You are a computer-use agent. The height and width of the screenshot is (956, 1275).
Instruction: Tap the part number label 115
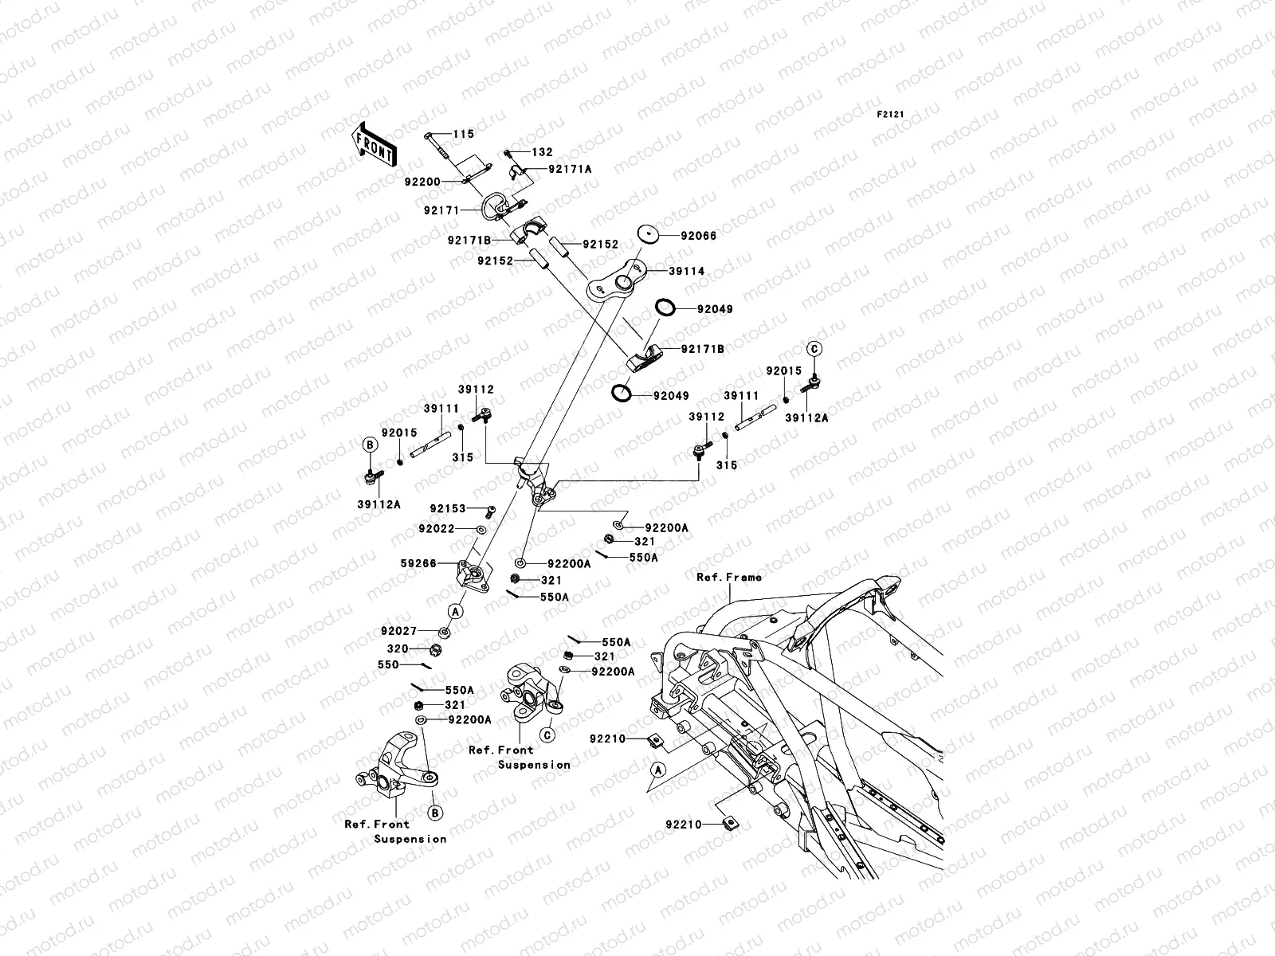464,135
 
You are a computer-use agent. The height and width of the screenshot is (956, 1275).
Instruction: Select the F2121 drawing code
890,115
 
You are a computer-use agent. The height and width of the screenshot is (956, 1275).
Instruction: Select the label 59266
418,563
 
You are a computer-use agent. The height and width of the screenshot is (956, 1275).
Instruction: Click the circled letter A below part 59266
456,611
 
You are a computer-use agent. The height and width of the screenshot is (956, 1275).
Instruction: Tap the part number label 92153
447,508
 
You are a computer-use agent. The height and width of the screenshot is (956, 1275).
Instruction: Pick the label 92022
436,528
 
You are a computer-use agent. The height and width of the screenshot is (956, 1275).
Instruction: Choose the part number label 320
398,648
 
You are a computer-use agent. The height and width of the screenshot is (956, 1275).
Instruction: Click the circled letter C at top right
814,348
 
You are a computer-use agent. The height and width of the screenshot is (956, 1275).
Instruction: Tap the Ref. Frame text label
728,577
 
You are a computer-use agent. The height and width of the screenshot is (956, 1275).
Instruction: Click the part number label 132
564,152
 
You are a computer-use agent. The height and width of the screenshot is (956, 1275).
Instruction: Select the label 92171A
570,170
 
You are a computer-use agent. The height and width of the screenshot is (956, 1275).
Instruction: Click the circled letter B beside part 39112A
370,445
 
